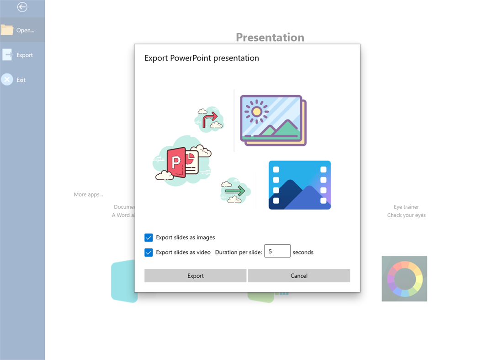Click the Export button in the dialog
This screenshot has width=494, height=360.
195,276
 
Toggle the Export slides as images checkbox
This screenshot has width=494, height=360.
149,238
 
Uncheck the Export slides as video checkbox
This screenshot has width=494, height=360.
149,253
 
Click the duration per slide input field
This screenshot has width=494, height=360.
277,251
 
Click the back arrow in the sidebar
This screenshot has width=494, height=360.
22,7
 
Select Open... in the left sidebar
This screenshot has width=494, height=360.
22,30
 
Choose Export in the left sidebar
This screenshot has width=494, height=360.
22,55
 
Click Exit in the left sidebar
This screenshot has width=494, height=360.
21,80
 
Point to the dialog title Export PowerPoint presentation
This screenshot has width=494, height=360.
202,58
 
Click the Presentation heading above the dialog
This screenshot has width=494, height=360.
270,38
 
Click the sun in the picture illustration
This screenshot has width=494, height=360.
256,111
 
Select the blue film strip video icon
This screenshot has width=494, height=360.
299,185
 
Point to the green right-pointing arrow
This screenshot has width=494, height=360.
235,190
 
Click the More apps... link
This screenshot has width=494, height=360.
88,194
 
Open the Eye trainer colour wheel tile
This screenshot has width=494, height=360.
404,279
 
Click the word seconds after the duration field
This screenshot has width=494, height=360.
303,252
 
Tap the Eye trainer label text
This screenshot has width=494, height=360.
406,207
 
